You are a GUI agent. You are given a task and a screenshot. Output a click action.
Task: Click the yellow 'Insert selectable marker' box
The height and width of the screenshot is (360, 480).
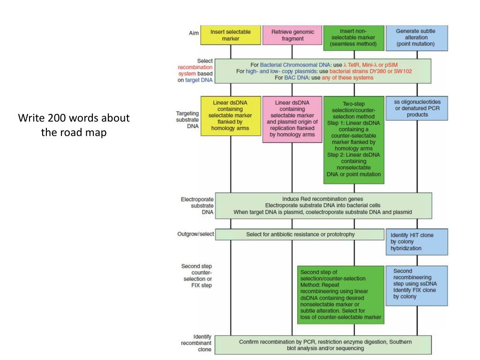230,35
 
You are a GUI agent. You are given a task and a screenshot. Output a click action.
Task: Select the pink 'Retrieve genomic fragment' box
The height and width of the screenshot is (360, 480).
292,35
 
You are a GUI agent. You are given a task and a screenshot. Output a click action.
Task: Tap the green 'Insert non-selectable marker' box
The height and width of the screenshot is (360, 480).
353,38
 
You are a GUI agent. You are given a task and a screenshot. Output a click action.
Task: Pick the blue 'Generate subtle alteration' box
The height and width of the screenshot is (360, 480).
415,37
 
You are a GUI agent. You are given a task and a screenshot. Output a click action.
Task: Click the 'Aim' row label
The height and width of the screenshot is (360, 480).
194,33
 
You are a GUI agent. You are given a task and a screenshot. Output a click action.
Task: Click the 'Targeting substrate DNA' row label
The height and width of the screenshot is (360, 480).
186,120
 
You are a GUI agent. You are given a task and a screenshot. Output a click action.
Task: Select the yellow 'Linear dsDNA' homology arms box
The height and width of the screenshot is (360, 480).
230,116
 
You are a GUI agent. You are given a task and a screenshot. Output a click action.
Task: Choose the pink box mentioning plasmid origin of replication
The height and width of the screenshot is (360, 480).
292,119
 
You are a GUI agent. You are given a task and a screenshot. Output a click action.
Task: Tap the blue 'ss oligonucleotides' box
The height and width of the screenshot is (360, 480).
415,108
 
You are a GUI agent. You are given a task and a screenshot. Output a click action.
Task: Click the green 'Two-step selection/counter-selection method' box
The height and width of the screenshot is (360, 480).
353,140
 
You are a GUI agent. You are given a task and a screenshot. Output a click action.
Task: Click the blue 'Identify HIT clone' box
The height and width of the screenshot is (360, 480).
415,241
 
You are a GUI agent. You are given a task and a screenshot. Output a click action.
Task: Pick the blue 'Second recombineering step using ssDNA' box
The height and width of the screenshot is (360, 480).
415,286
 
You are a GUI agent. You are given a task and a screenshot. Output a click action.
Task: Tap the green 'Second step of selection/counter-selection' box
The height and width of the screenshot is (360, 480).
340,294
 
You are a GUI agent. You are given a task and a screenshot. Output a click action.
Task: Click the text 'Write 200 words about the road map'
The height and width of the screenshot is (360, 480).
74,125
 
